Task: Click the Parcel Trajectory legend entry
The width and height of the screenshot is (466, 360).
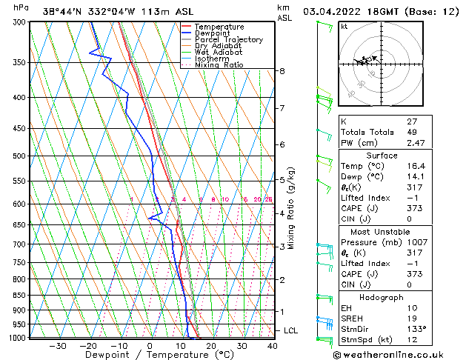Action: click(228, 39)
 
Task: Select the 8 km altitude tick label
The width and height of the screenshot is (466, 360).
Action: click(282, 71)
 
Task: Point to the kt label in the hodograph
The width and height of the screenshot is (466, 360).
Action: click(344, 26)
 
